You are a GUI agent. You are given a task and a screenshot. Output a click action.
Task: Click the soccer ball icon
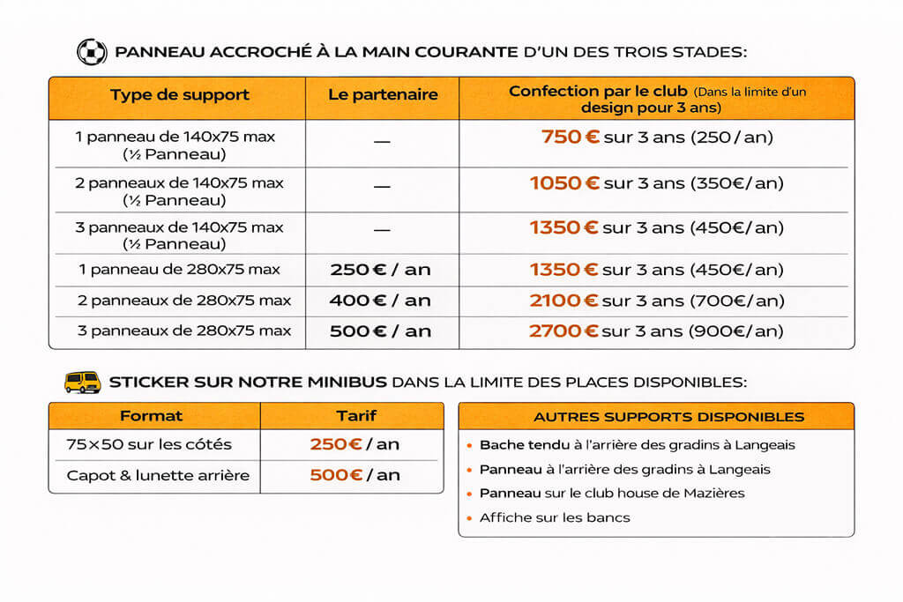91,52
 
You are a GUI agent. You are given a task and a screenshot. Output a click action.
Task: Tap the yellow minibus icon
83,382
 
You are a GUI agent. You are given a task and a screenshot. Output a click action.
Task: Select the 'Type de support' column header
180,95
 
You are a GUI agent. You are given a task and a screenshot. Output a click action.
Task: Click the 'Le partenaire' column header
383,95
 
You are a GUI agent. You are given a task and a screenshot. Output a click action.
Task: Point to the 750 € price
570,137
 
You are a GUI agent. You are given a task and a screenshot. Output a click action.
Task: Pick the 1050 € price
564,183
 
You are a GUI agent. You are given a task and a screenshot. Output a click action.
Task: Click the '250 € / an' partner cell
380,270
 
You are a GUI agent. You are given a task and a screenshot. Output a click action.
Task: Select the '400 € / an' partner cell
380,301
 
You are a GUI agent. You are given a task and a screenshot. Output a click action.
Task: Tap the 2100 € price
564,301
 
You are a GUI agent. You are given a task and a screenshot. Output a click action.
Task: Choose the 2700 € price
564,331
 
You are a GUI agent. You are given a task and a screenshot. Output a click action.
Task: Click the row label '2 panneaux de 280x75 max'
184,301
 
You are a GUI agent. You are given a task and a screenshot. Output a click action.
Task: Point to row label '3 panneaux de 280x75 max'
184,331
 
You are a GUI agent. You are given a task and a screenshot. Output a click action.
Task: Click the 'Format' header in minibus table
152,416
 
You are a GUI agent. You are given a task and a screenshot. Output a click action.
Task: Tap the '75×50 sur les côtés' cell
149,444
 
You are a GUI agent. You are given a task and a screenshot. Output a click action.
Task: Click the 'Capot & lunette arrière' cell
158,476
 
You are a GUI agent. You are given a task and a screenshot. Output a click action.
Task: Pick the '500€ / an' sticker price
354,476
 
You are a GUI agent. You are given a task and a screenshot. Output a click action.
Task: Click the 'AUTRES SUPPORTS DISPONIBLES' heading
656,417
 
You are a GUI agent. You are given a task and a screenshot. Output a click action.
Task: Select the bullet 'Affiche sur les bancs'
555,517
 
